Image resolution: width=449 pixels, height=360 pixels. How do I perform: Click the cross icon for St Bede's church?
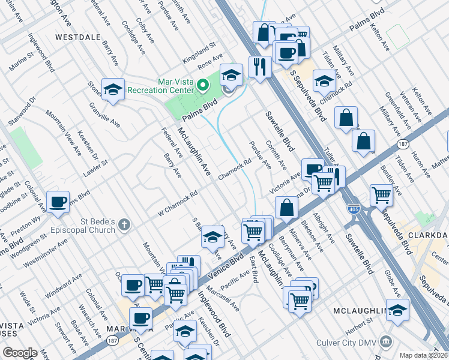click(124, 225)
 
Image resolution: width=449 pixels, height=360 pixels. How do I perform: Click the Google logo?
click(20, 353)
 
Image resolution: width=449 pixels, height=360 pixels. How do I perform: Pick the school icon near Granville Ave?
click(112, 89)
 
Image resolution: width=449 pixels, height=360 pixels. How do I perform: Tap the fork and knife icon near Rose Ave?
click(259, 66)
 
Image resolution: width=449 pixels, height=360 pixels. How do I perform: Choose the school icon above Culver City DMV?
click(397, 310)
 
